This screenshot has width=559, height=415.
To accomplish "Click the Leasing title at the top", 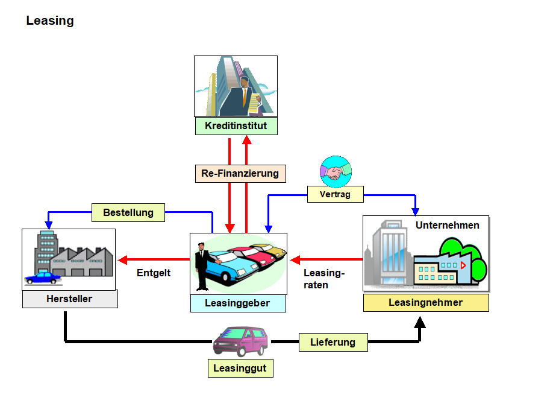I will coord(50,21).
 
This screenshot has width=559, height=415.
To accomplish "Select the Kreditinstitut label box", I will coord(236,126).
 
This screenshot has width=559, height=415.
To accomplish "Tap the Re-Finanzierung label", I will coord(240,174).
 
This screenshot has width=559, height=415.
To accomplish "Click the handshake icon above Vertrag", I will coord(336,171).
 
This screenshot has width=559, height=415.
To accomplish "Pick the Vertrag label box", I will coord(336,194).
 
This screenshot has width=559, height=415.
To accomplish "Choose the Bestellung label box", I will coord(128,213).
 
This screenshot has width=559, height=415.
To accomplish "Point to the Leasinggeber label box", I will coord(238,303).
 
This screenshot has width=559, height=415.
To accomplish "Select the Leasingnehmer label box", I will coord(425,303).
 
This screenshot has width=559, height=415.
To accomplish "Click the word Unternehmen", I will coord(448,226).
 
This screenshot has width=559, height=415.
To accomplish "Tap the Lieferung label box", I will coord(333,343).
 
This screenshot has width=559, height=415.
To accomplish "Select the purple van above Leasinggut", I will coord(240,341).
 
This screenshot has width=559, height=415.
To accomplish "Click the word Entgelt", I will coord(154,273).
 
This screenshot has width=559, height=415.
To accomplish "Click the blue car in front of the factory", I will coord(43,277).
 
